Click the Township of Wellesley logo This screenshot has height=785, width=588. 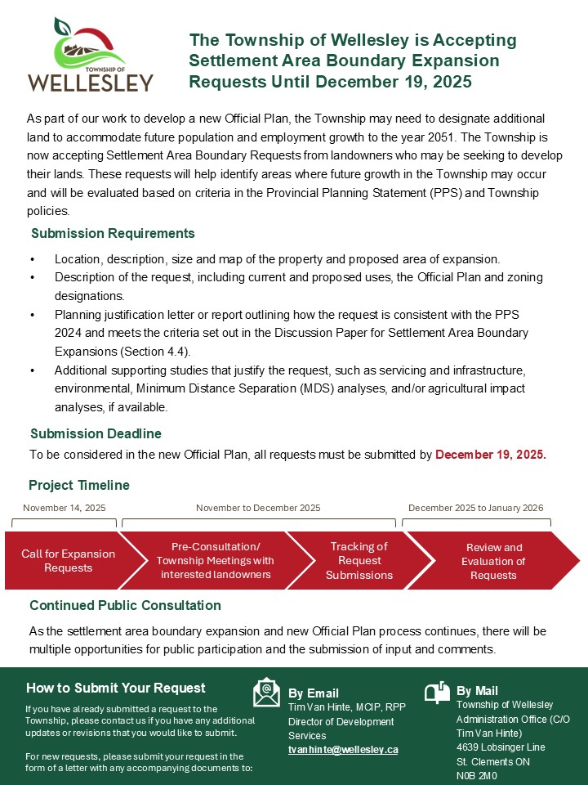[x=90, y=56]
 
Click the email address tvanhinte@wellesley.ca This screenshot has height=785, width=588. [x=343, y=749]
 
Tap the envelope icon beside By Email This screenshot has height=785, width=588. [x=266, y=692]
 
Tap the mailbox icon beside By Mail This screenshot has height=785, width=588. [x=437, y=692]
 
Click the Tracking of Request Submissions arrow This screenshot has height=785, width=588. [x=358, y=561]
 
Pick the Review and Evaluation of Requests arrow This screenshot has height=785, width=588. [x=492, y=561]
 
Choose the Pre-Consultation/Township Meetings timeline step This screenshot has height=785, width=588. [x=216, y=561]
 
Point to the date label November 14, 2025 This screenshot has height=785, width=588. [x=64, y=508]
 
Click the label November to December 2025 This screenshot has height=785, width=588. [x=258, y=508]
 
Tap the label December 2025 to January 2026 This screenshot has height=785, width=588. [x=475, y=508]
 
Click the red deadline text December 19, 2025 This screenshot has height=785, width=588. [x=491, y=455]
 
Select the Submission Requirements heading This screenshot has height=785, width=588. [x=113, y=234]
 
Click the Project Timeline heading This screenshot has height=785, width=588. [x=79, y=485]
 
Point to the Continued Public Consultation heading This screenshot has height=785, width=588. [x=125, y=606]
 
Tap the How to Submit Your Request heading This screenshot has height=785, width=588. [x=116, y=688]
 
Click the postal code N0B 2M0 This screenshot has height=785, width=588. [x=476, y=776]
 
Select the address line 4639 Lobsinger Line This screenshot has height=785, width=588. [x=501, y=747]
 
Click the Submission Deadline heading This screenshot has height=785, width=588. [x=96, y=433]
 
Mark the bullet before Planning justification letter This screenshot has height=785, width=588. [x=32, y=315]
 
